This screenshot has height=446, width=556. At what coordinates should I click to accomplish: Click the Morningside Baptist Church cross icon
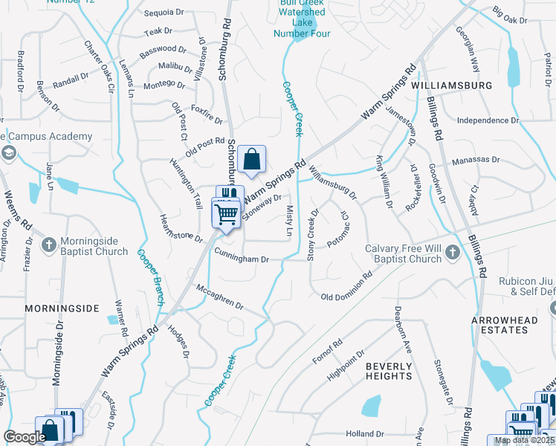[48, 245]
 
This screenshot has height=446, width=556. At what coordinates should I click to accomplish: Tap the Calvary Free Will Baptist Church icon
[451, 254]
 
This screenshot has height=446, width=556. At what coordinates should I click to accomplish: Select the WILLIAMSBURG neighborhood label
[451, 86]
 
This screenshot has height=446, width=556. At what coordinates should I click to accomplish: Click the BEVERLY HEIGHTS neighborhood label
[389, 371]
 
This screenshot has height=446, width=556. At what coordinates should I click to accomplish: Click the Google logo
[25, 437]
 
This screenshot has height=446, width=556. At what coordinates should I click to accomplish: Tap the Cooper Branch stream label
[150, 277]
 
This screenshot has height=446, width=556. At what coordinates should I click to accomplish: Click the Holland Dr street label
[364, 433]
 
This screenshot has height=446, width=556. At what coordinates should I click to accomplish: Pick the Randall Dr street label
[71, 81]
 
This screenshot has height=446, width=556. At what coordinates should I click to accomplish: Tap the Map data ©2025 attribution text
[524, 440]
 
